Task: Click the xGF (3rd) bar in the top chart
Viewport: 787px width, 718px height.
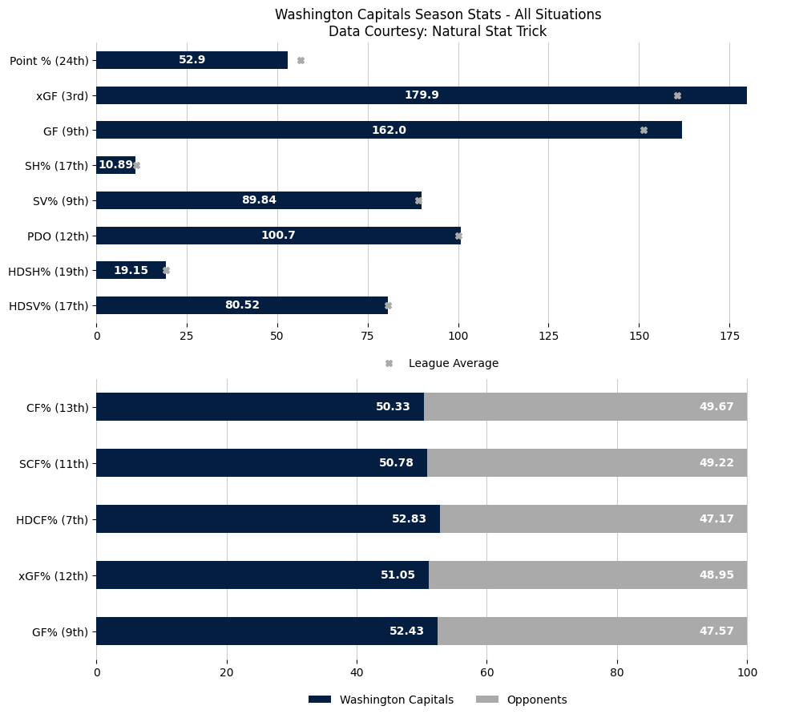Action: pyautogui.click(x=421, y=95)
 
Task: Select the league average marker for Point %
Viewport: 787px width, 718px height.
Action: pyautogui.click(x=301, y=60)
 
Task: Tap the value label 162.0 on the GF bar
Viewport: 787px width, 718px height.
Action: pyautogui.click(x=389, y=130)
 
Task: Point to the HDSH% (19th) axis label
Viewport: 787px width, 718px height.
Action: pyautogui.click(x=48, y=271)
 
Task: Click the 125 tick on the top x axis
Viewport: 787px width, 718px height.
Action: pyautogui.click(x=549, y=337)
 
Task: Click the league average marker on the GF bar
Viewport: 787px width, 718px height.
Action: pyautogui.click(x=644, y=130)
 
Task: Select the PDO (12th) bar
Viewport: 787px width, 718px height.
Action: pyautogui.click(x=278, y=236)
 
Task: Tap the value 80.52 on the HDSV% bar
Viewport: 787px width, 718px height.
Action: pyautogui.click(x=242, y=305)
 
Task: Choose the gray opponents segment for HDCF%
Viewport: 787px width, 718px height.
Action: pyautogui.click(x=593, y=519)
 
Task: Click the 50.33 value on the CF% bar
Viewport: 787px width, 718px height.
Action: pyautogui.click(x=393, y=407)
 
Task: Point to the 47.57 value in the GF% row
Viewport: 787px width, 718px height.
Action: pyautogui.click(x=716, y=631)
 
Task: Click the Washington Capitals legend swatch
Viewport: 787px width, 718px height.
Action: pyautogui.click(x=320, y=700)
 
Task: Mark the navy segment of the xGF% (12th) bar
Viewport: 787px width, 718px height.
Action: pyautogui.click(x=262, y=575)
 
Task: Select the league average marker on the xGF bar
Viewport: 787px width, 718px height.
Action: pyautogui.click(x=677, y=95)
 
